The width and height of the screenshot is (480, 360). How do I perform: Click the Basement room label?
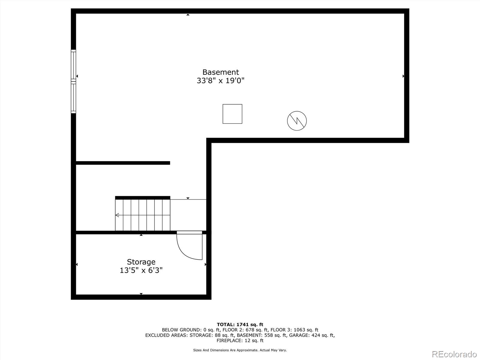point(220,72)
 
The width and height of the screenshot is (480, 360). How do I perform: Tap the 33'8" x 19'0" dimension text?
point(220,81)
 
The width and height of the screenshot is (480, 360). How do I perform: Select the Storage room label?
point(141,262)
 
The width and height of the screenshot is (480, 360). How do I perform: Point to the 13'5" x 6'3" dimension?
point(141,270)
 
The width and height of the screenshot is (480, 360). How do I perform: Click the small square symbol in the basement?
point(232,114)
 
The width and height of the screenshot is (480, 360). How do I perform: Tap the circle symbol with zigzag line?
point(297,121)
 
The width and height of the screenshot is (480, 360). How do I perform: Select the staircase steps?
point(143,215)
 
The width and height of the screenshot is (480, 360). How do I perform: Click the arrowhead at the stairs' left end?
point(117,215)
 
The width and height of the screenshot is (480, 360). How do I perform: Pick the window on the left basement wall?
point(73,81)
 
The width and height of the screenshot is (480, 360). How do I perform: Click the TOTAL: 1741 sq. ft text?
point(240,324)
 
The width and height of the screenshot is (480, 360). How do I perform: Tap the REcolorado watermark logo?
point(454,354)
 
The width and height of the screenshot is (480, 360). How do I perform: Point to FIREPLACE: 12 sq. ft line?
point(240,340)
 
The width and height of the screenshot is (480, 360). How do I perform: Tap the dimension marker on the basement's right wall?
point(403,76)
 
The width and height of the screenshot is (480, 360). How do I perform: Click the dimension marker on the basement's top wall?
point(188,14)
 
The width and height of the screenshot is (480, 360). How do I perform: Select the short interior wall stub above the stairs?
point(123,163)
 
